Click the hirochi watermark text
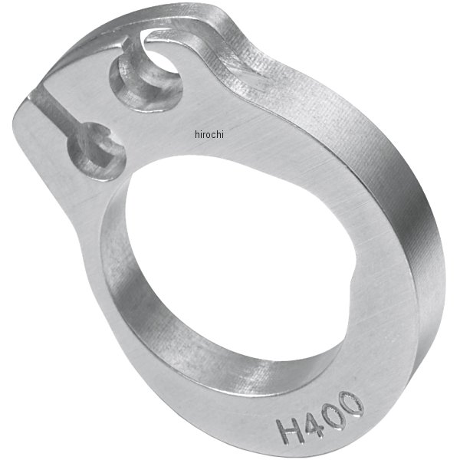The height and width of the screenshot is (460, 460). (x=209, y=134)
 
